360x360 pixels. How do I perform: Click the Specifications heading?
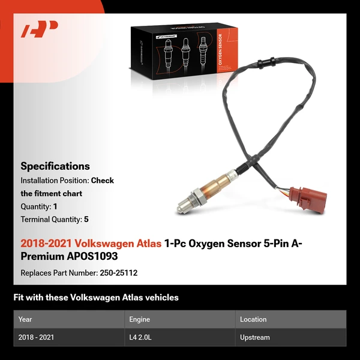pyautogui.click(x=55, y=166)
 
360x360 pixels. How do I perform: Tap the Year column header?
pyautogui.click(x=25, y=319)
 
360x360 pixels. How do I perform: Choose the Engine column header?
pyautogui.click(x=139, y=319)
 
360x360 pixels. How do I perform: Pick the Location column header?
pyautogui.click(x=253, y=319)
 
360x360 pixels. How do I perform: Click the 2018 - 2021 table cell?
pyautogui.click(x=36, y=337)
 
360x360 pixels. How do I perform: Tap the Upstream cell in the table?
pyautogui.click(x=254, y=337)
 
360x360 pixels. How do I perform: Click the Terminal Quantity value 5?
pyautogui.click(x=86, y=220)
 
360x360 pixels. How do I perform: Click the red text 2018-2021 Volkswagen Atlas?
pyautogui.click(x=91, y=244)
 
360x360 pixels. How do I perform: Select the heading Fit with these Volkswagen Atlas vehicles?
pyautogui.click(x=96, y=298)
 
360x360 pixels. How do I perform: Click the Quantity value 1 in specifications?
pyautogui.click(x=55, y=206)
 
